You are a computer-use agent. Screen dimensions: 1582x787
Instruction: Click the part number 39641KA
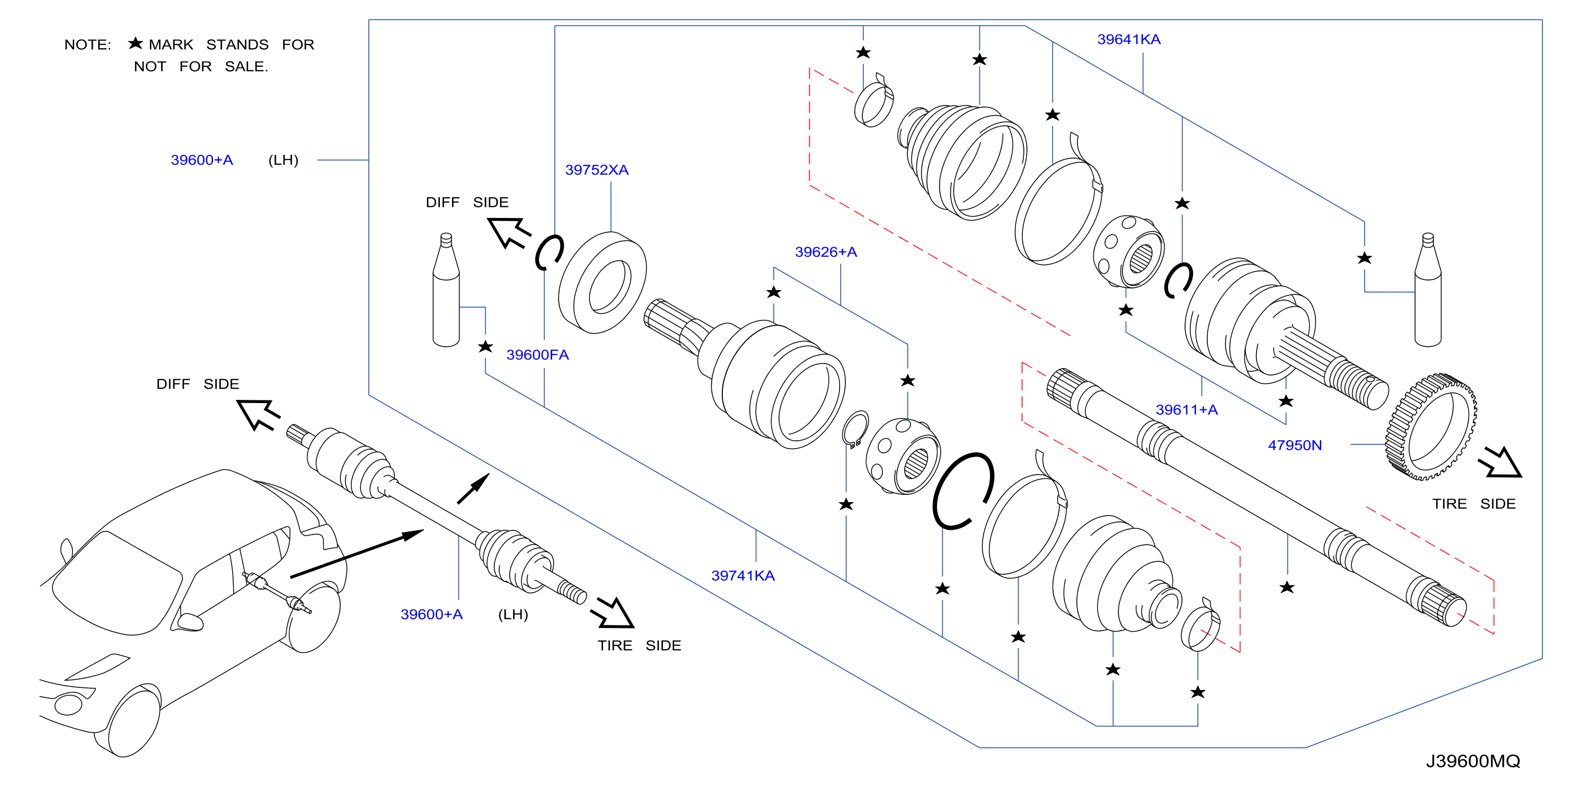coord(1129,39)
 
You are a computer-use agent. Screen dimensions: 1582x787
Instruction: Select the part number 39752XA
coord(596,170)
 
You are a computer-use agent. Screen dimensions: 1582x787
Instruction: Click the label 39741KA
coord(743,575)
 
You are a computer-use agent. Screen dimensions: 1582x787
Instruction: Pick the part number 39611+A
coord(1187,410)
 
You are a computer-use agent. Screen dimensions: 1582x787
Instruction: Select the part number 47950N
coord(1295,445)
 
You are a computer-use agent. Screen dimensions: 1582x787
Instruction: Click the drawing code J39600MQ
coord(1473,761)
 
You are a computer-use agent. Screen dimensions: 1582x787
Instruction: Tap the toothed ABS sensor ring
coord(1431,426)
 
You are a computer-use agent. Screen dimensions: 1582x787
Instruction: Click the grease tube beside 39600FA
coord(446,290)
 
